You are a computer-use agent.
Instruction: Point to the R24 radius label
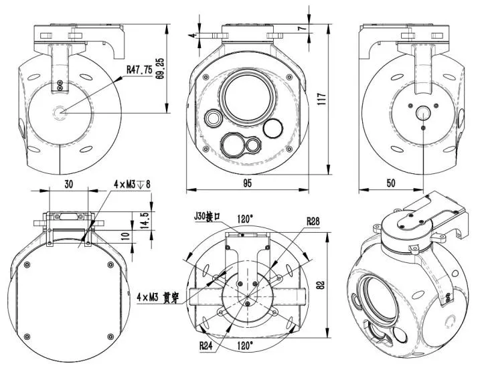coord(207,346)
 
